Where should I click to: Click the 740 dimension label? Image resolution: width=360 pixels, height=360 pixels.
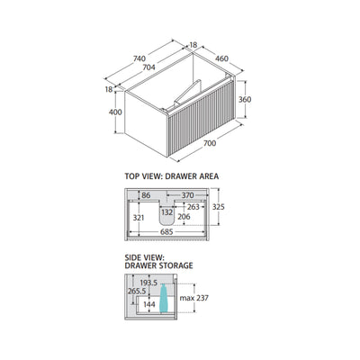[x=139, y=58]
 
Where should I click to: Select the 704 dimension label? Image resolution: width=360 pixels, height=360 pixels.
[x=148, y=67]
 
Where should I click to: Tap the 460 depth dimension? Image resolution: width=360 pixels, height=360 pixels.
[x=221, y=58]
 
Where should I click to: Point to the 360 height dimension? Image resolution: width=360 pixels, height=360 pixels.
[x=245, y=99]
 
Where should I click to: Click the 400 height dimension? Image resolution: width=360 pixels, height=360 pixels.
[x=115, y=112]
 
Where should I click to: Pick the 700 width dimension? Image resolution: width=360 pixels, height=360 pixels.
[x=210, y=143]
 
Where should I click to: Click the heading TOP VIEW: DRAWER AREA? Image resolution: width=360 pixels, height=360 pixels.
[x=172, y=176]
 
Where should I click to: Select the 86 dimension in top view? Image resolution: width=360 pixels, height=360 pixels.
[x=146, y=195]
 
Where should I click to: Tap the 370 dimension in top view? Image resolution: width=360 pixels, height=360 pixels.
[x=188, y=195]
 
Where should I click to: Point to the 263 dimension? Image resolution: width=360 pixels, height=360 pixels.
[x=193, y=207]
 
